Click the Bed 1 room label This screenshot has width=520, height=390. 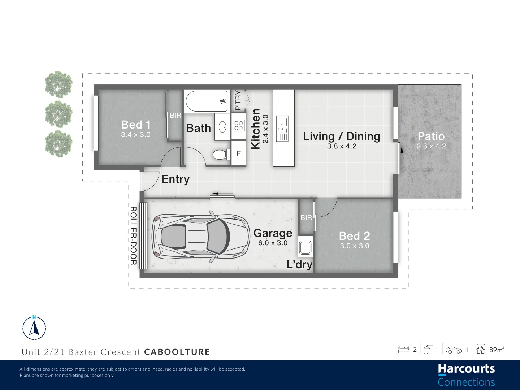pyautogui.click(x=135, y=125)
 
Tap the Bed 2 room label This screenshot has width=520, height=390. pyautogui.click(x=354, y=236)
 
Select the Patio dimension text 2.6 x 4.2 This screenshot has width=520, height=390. pyautogui.click(x=431, y=146)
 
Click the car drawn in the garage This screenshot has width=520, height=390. pyautogui.click(x=201, y=236)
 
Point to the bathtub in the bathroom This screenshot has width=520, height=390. pyautogui.click(x=207, y=101)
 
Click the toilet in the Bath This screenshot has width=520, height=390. pyautogui.click(x=220, y=155)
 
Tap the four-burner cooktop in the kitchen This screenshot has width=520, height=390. pyautogui.click(x=239, y=126)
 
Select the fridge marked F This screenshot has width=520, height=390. pyautogui.click(x=239, y=153)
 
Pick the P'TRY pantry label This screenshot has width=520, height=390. pyautogui.click(x=238, y=100)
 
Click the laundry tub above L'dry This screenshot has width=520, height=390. pyautogui.click(x=305, y=248)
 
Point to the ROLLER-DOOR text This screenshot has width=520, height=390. pyautogui.click(x=133, y=235)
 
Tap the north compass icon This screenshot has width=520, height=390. pyautogui.click(x=34, y=328)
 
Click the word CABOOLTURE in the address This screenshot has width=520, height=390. pyautogui.click(x=177, y=352)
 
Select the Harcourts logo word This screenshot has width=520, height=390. pyautogui.click(x=466, y=369)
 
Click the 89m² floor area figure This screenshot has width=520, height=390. pyautogui.click(x=496, y=350)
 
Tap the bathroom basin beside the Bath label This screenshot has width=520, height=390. pyautogui.click(x=222, y=126)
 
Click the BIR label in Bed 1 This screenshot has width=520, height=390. pyautogui.click(x=175, y=116)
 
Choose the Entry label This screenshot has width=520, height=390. pyautogui.click(x=175, y=179)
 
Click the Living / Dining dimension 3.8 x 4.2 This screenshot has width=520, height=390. pyautogui.click(x=342, y=146)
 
